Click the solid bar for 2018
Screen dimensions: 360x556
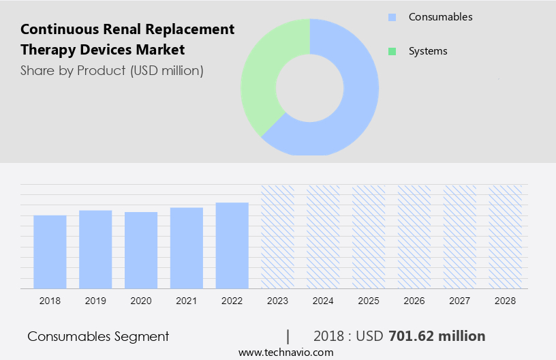[50, 252]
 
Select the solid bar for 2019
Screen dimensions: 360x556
[95, 249]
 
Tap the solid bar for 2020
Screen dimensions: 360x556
[141, 250]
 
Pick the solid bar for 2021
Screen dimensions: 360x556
[187, 247]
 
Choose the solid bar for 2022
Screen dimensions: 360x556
[232, 245]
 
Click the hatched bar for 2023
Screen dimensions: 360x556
[278, 237]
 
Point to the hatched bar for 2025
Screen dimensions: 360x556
[369, 237]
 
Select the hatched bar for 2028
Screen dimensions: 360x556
[506, 237]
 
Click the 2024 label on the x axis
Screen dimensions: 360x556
[323, 300]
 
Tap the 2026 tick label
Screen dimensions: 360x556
[414, 300]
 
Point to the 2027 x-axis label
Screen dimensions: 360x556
[460, 300]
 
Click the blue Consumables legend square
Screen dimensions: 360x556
[391, 17]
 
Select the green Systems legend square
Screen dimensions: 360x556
[391, 51]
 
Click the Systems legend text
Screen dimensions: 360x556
[428, 51]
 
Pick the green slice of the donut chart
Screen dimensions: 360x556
[262, 75]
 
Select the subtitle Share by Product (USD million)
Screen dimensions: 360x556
[112, 70]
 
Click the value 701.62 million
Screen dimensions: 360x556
[437, 336]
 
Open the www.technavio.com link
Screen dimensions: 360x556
[285, 352]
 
